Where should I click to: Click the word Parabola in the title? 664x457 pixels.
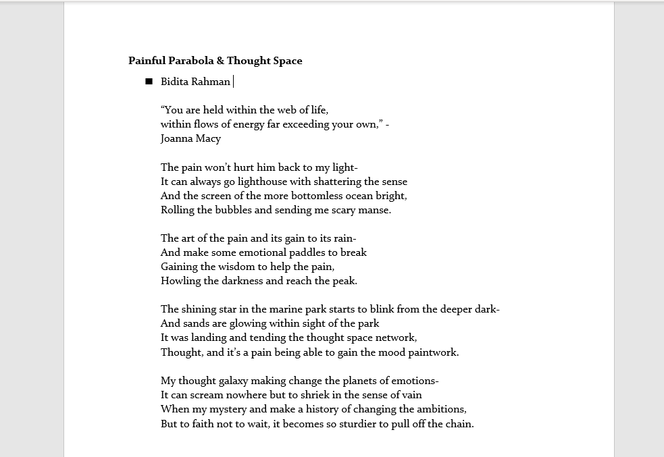point(191,61)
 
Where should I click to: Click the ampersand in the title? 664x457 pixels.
point(220,61)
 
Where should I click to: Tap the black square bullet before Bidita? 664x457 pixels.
point(149,82)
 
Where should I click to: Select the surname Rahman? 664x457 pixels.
point(211,82)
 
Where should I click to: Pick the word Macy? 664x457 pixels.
point(209,139)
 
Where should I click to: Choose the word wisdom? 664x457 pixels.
point(236,267)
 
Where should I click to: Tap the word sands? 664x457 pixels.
point(197,323)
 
